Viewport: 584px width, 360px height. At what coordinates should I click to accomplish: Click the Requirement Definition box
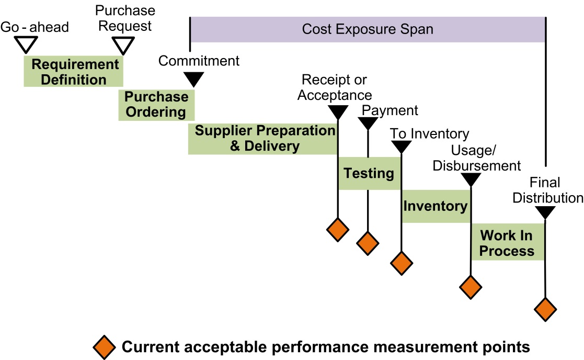[x=74, y=72]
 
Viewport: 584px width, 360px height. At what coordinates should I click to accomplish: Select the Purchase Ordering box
[x=156, y=105]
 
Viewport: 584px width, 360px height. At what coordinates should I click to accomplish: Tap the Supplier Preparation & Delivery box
[x=263, y=139]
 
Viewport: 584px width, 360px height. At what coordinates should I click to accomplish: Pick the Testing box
[x=369, y=173]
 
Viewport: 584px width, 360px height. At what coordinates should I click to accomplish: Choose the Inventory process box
[x=436, y=206]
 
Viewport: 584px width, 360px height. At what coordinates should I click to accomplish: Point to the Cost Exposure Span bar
[x=368, y=29]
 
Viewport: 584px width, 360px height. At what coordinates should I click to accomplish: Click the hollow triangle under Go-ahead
[x=24, y=44]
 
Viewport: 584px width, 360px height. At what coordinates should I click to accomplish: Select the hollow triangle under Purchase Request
[x=124, y=45]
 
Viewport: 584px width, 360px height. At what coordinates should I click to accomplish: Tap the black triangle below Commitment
[x=194, y=78]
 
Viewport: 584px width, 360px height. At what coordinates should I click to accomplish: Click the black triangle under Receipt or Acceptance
[x=337, y=111]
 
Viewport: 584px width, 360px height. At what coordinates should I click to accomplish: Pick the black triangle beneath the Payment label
[x=368, y=123]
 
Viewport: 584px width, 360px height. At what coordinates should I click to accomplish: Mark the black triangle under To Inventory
[x=401, y=147]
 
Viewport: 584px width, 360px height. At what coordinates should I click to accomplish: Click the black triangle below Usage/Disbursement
[x=471, y=179]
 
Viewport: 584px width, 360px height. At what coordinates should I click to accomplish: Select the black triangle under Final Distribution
[x=545, y=212]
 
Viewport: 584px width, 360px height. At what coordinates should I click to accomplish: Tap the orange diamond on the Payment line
[x=368, y=242]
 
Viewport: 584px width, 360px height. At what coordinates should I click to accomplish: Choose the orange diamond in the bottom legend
[x=105, y=346]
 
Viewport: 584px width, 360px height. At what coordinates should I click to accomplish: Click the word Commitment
[x=199, y=61]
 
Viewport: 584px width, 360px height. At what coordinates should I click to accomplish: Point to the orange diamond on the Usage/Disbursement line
[x=471, y=286]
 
